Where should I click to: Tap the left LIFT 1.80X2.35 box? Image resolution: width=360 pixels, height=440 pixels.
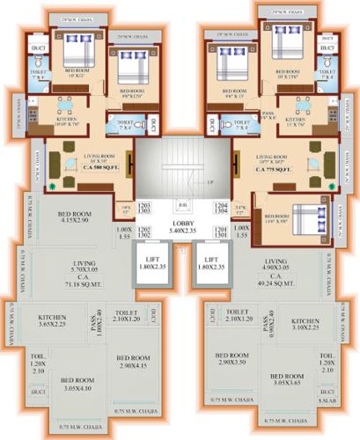point(151,267)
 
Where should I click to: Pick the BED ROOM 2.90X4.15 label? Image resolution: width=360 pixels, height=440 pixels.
point(131,360)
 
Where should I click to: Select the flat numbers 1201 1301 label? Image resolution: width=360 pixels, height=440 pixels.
point(218,232)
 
